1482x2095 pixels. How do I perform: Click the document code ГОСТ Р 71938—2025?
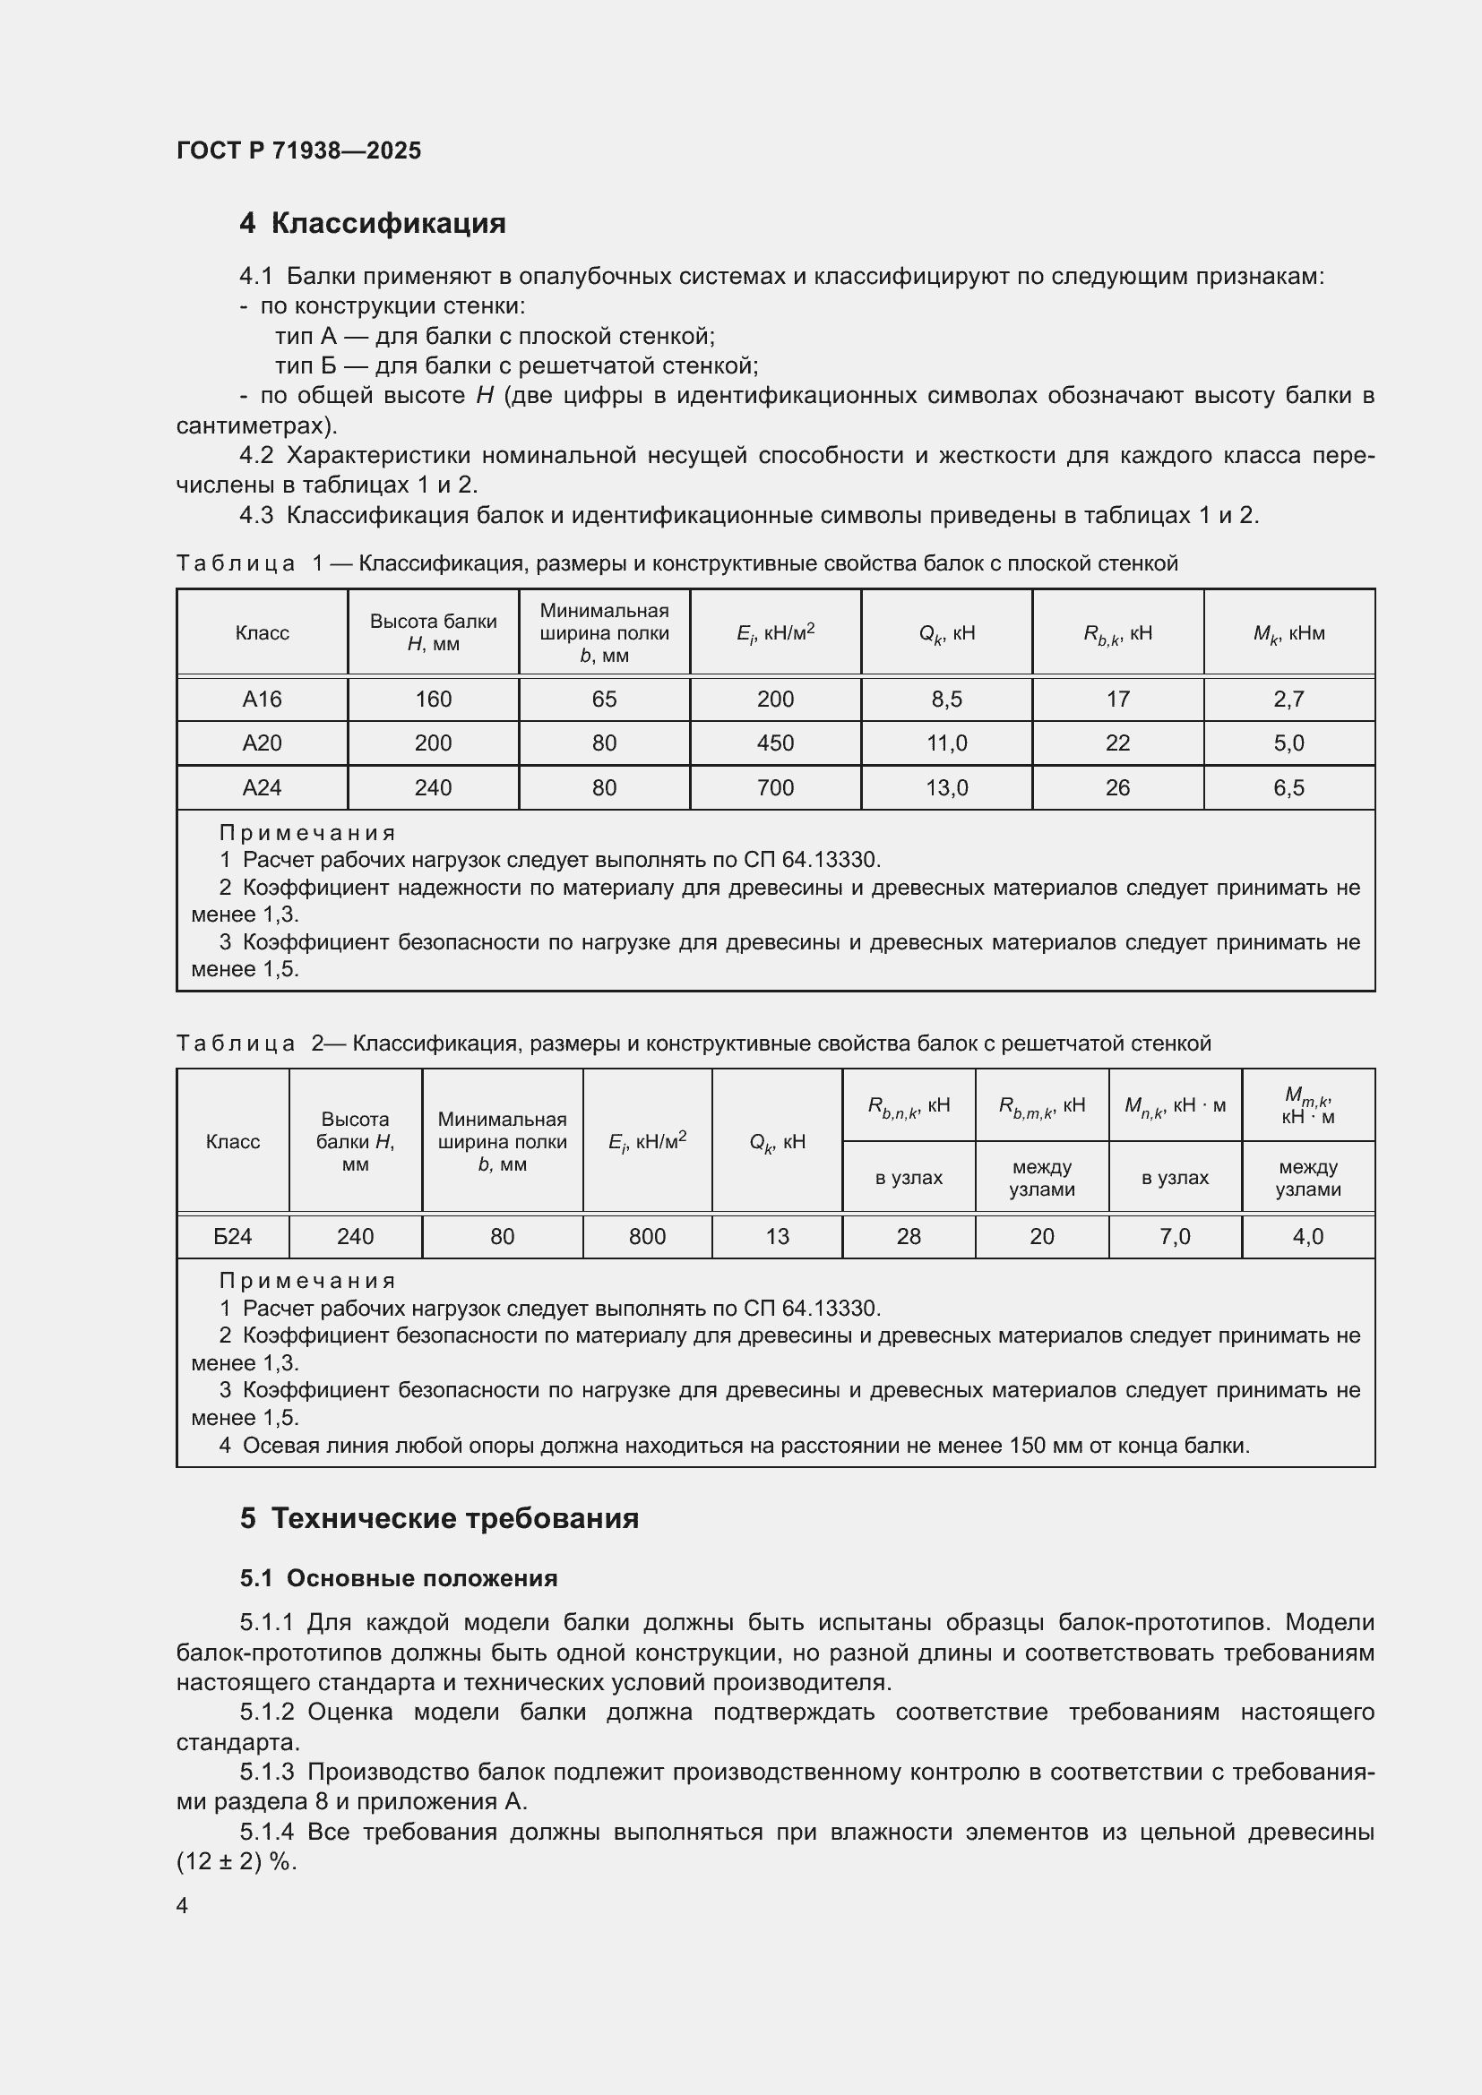click(298, 150)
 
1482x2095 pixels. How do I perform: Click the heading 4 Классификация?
click(373, 224)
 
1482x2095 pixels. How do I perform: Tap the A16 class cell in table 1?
click(262, 699)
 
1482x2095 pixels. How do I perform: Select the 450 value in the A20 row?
click(775, 743)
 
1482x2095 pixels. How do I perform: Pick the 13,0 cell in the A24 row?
click(946, 787)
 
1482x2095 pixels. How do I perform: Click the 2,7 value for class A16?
click(1288, 699)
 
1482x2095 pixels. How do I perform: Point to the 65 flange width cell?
click(604, 699)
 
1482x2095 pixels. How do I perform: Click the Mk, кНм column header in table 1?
click(1288, 633)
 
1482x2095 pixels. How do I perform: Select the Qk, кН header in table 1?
click(946, 633)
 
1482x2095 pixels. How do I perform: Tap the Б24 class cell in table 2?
click(233, 1236)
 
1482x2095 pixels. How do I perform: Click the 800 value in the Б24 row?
click(647, 1236)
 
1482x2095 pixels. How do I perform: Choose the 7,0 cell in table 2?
click(1175, 1236)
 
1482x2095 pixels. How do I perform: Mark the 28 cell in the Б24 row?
click(908, 1236)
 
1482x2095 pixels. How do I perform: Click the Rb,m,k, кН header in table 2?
click(1041, 1106)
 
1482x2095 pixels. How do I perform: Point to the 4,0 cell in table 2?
click(1307, 1236)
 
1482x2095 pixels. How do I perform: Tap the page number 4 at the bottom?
click(182, 1905)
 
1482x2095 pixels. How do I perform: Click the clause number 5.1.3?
click(266, 1771)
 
